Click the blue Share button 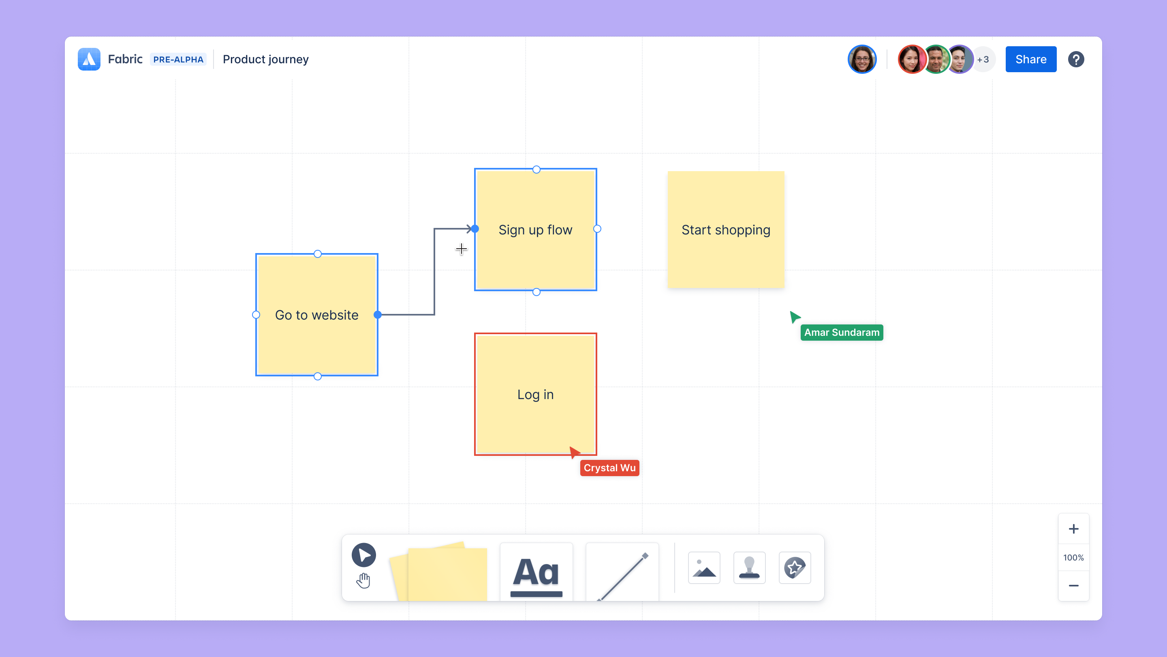(1030, 59)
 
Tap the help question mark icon (1076, 59)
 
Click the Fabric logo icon (89, 59)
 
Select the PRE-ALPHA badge (178, 59)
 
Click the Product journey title (265, 59)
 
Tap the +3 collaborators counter (983, 59)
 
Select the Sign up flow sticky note (535, 230)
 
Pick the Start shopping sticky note (726, 230)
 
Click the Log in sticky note (535, 394)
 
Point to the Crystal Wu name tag (609, 468)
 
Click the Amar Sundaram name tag (842, 333)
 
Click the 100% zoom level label (1073, 558)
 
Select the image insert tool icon (704, 568)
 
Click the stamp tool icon (749, 568)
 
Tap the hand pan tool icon (363, 580)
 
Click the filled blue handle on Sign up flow (475, 229)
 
